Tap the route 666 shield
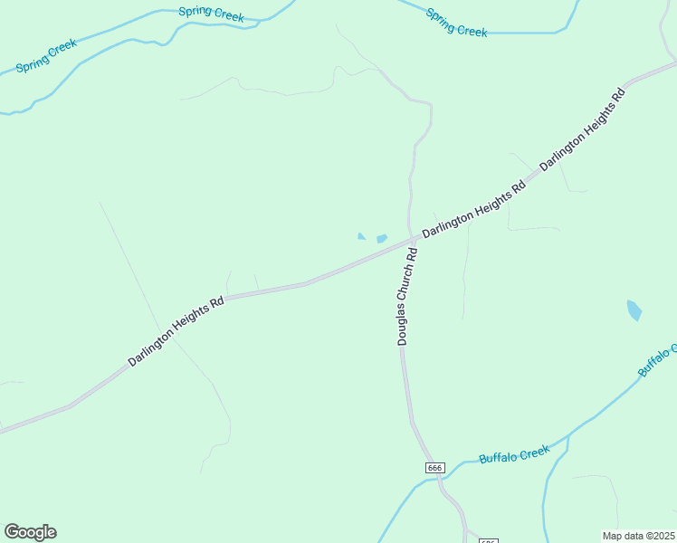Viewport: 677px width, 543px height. (434, 467)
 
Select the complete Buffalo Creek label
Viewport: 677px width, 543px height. (514, 453)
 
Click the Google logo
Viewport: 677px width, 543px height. (30, 532)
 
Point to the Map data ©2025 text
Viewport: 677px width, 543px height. (637, 536)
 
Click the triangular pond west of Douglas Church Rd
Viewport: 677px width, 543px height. (361, 237)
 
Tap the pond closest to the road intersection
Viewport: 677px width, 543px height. (382, 239)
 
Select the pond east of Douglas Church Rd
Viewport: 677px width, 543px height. (634, 310)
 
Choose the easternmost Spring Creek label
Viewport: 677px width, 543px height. (456, 24)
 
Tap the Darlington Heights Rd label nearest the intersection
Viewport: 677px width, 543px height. (473, 210)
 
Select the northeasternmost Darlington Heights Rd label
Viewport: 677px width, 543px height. (582, 131)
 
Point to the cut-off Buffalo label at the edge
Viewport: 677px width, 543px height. (658, 359)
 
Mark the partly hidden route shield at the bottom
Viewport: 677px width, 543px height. (488, 540)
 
